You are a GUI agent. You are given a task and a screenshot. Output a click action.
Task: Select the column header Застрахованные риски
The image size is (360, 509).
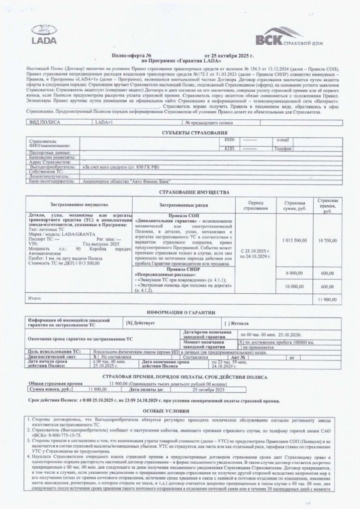180,204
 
